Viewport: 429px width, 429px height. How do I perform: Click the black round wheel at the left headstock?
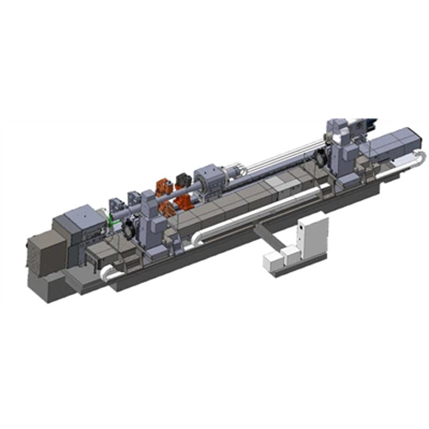point(129,227)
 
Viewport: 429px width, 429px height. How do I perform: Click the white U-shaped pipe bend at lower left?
point(104,272)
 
